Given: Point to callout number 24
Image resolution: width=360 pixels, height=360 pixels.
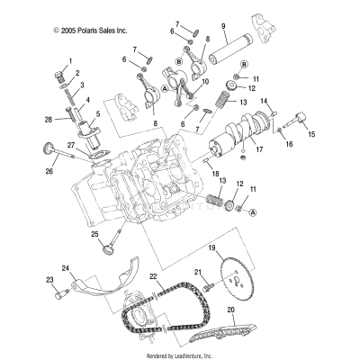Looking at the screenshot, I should (65, 268).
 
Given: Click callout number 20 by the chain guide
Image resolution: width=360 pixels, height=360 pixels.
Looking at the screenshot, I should (231, 310).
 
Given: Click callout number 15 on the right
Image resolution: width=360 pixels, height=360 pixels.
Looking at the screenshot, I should (312, 134).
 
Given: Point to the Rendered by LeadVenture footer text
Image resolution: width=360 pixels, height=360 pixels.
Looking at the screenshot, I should (180, 354).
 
